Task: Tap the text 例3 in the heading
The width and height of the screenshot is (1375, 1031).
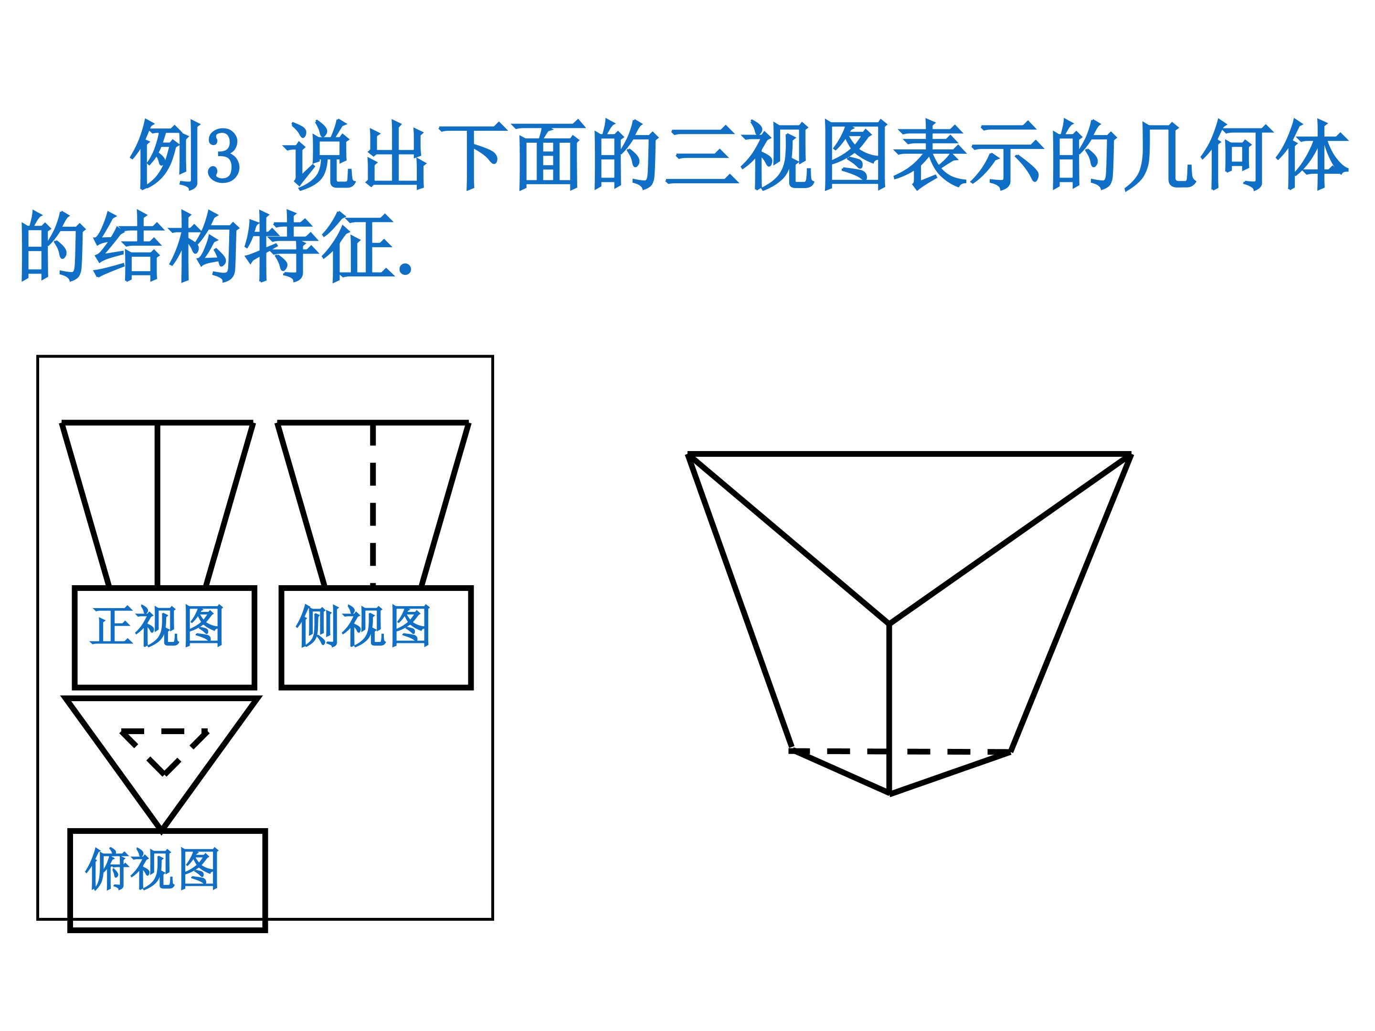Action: [x=185, y=154]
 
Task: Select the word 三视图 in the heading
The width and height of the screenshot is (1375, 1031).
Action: [x=777, y=154]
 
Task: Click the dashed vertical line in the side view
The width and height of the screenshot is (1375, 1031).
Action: [x=373, y=504]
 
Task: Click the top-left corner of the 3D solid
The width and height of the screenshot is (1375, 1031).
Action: [x=688, y=455]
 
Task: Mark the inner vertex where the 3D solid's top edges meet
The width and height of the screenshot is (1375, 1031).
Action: [x=889, y=623]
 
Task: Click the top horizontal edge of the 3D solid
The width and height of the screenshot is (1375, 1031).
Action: [x=910, y=454]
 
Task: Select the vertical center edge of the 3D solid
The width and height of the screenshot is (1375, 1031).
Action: [x=890, y=708]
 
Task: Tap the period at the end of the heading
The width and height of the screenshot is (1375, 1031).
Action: [x=405, y=268]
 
